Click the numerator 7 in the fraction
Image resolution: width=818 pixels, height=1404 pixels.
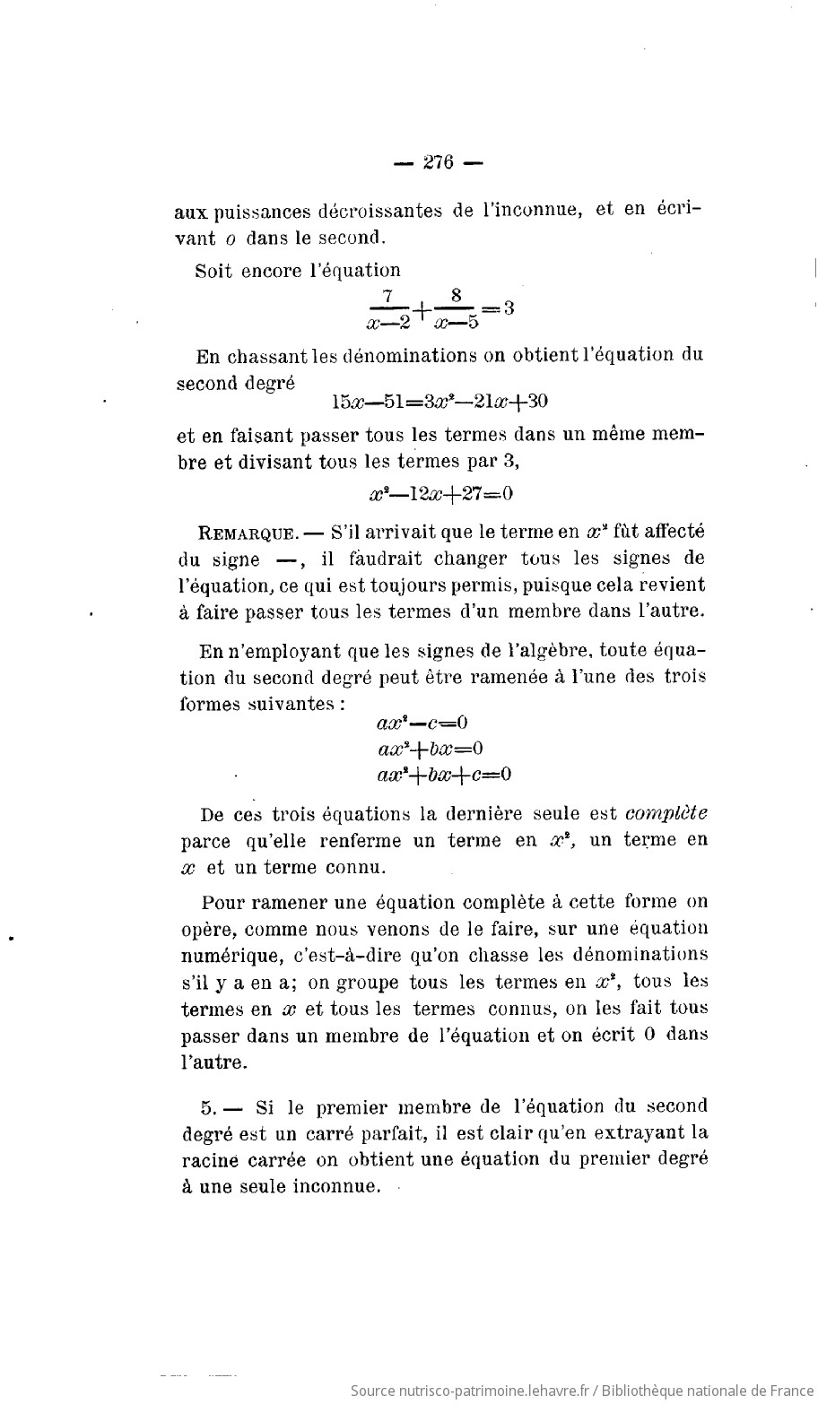(387, 296)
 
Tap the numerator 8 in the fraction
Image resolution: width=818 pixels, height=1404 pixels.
(456, 296)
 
